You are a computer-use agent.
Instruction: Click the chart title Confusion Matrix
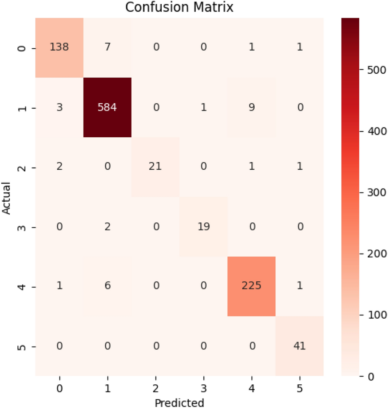tap(179, 7)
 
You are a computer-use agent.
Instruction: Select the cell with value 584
tap(107, 108)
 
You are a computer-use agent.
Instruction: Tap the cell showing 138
tap(59, 48)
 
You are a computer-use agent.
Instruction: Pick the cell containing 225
tap(251, 286)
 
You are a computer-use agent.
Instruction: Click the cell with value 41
tap(299, 346)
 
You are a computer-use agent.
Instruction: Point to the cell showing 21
tap(155, 167)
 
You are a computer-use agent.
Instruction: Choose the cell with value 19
tap(203, 226)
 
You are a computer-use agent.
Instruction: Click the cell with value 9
tap(251, 108)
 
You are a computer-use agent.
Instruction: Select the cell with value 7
tap(107, 48)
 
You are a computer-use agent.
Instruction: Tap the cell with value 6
tap(107, 286)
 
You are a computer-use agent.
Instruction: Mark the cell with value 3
tap(59, 108)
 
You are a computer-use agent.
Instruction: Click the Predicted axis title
tap(179, 403)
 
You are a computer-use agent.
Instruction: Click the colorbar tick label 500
tap(376, 70)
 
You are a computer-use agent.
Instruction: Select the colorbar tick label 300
tap(376, 192)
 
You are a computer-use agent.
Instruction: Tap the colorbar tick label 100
tap(376, 315)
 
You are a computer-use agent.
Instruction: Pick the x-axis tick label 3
tap(203, 388)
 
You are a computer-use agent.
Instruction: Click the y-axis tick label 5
tap(22, 347)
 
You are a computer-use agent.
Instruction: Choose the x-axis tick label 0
tap(59, 388)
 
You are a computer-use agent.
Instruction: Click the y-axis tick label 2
tap(22, 167)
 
